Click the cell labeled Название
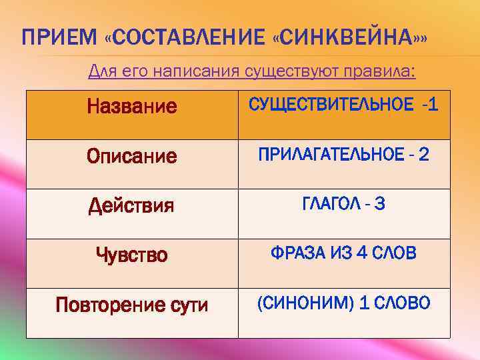click(x=132, y=106)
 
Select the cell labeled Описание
click(x=132, y=157)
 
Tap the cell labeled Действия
click(x=131, y=206)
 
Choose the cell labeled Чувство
click(x=131, y=254)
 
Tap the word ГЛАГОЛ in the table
click(x=327, y=204)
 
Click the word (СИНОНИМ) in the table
click(x=305, y=303)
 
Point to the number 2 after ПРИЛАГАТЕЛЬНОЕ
click(x=423, y=155)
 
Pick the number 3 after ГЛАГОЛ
click(x=380, y=204)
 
